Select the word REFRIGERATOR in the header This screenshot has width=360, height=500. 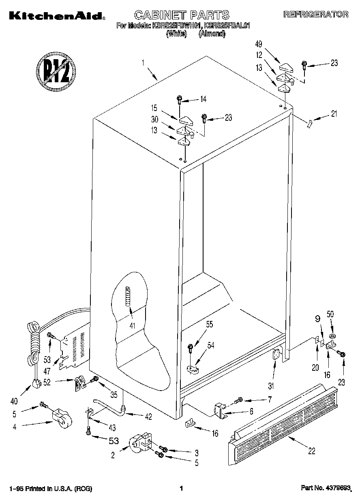click(315, 15)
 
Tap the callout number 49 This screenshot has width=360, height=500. click(259, 44)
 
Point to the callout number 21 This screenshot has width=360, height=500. click(334, 114)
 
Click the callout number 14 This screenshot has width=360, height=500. click(203, 98)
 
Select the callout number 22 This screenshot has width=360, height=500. click(311, 451)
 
